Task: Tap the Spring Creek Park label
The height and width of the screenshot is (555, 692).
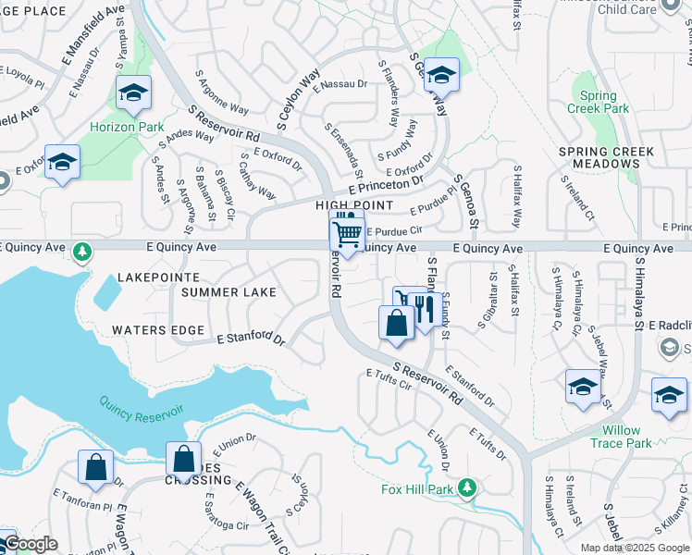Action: pyautogui.click(x=602, y=102)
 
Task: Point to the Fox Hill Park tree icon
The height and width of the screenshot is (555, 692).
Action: pyautogui.click(x=467, y=486)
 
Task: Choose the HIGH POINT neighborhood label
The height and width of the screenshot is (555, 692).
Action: pyautogui.click(x=354, y=205)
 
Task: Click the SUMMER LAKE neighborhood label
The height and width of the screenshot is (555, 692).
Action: pyautogui.click(x=229, y=292)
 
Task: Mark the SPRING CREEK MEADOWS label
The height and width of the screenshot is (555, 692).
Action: pyautogui.click(x=607, y=157)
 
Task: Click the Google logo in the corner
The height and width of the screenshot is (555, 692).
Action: pyautogui.click(x=30, y=544)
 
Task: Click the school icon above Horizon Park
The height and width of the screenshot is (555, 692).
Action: pyautogui.click(x=134, y=92)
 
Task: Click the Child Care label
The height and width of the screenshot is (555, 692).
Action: pyautogui.click(x=627, y=9)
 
